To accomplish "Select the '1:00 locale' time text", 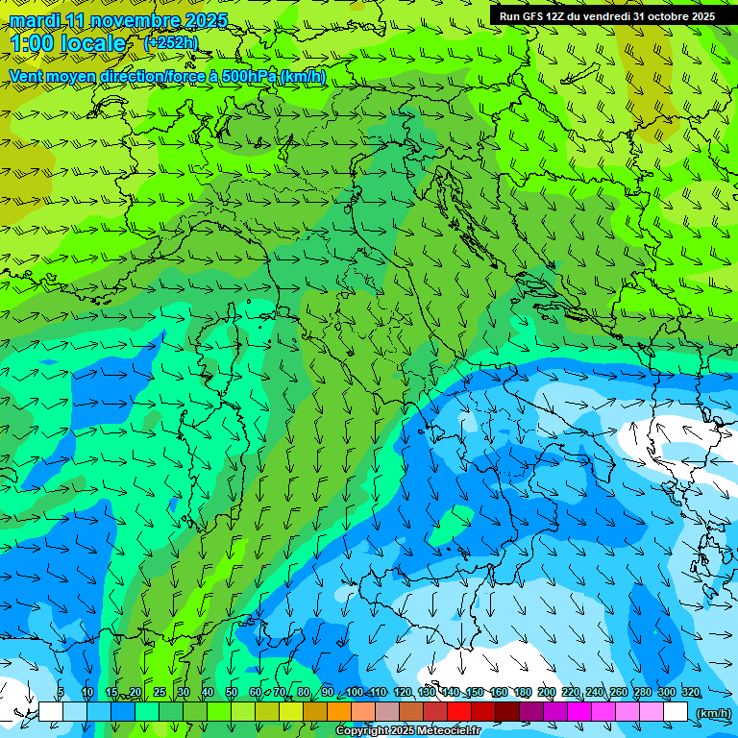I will [x=67, y=44].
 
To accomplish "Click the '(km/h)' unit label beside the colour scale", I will [x=712, y=713].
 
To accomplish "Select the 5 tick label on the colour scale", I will [x=61, y=693].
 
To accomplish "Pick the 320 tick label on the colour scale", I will [x=690, y=693].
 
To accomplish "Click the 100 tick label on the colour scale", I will [x=355, y=693].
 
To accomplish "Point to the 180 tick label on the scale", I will [x=523, y=693].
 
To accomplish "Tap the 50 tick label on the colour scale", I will [x=232, y=693].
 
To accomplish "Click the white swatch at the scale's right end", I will [x=676, y=712].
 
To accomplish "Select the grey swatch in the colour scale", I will [x=386, y=712].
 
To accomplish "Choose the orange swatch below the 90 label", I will [x=338, y=712].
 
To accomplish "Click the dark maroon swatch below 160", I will [x=506, y=712].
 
